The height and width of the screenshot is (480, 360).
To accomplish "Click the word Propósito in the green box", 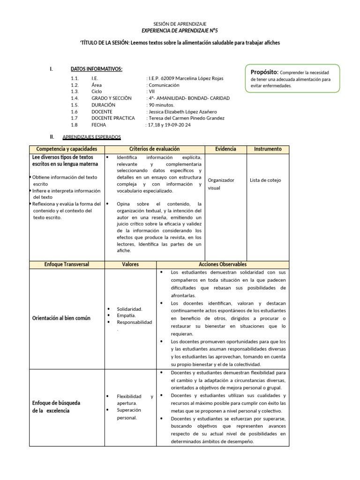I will coord(264,72).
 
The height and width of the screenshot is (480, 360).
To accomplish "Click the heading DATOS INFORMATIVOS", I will coord(97,69).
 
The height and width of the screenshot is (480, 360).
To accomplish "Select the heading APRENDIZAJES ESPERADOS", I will coord(91,137).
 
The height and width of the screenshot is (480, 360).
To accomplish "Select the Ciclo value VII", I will coord(152,92).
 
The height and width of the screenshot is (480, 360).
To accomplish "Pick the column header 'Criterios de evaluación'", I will coord(154,149).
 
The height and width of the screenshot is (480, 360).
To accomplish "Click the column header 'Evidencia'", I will coord(225,149).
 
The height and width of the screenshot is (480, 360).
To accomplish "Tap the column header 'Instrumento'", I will coord(268,149).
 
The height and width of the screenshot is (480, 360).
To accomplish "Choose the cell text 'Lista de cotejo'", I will coord(265,180).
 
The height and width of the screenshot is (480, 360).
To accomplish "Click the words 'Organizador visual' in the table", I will coord(221,184).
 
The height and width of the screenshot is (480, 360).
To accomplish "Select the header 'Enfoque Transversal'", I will coord(67,264).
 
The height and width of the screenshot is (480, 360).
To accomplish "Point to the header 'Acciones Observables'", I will coord(223,264).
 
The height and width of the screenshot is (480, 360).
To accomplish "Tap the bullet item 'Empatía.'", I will coord(127,315).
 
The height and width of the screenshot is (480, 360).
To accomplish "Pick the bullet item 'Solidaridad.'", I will coord(129,309).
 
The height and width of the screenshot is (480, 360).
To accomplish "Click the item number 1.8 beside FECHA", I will coord(75,125).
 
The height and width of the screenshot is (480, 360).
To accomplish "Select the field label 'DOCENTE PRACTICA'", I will coord(112,119).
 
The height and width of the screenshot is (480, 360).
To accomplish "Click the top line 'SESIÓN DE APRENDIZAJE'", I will coord(180,24).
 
